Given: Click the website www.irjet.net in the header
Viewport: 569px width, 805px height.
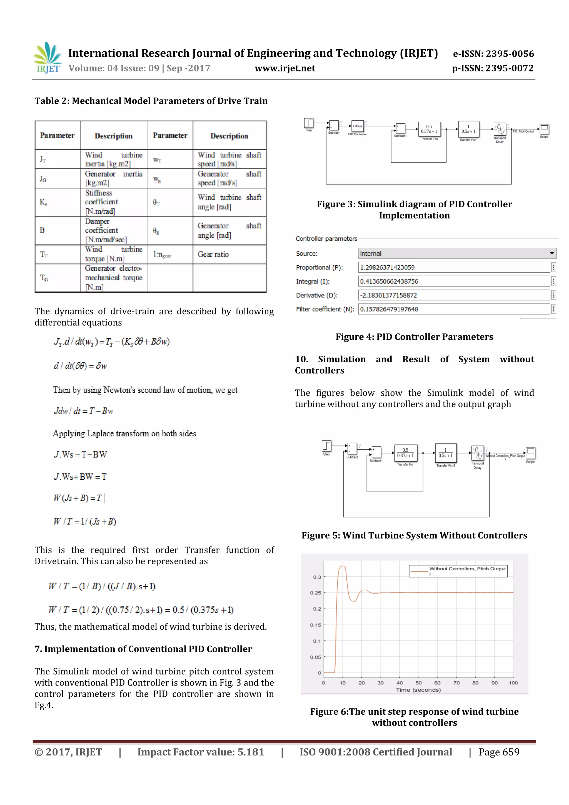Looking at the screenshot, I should click(285, 68).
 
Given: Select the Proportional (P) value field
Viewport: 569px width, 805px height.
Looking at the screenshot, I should click(454, 268).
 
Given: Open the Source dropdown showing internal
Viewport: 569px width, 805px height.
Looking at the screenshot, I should click(457, 253).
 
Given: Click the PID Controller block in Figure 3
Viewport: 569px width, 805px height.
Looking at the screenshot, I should click(357, 126).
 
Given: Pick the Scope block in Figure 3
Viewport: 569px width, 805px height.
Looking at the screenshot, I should click(544, 129).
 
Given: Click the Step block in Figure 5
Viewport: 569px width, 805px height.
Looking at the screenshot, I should click(326, 446).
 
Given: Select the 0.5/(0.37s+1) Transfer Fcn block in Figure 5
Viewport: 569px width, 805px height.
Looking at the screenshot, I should click(405, 453).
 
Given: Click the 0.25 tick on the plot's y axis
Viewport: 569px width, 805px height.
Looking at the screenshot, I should click(316, 593).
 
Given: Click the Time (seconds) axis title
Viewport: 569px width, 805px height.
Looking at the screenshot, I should click(418, 690).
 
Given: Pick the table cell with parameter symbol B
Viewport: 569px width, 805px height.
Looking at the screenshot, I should click(43, 230).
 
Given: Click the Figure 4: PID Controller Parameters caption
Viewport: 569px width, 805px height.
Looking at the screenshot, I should click(414, 337).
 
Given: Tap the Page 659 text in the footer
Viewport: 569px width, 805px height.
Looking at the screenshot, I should click(499, 752).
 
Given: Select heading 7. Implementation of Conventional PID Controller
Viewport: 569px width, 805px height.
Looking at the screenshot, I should click(143, 649).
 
